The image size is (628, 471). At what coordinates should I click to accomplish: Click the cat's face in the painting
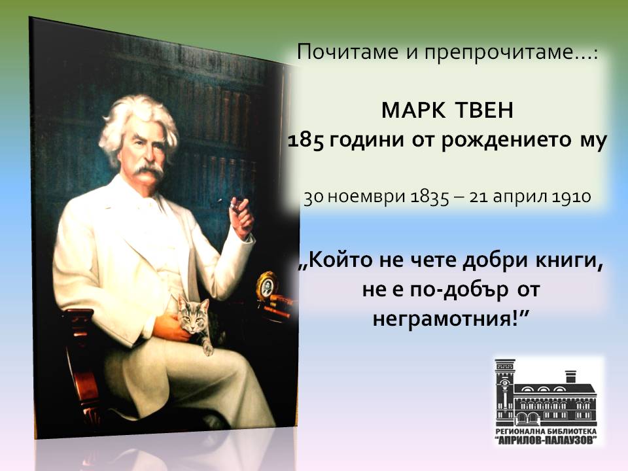pos(192,317)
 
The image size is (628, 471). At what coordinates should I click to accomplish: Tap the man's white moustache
pos(148,171)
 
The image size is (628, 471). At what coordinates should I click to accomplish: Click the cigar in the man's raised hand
pos(234,205)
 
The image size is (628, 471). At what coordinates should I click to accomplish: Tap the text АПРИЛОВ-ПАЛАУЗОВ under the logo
pos(546,440)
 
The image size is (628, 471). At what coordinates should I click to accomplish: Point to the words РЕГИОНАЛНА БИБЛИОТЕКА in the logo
pos(546,431)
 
